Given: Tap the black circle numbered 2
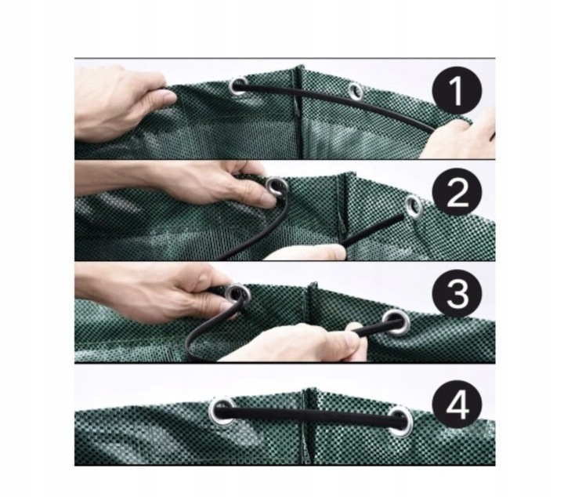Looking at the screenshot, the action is click(x=457, y=192).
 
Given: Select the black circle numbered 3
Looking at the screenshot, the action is click(x=457, y=295).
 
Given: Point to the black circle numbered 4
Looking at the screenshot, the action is click(x=457, y=404).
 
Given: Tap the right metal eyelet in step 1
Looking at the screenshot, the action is click(x=355, y=91).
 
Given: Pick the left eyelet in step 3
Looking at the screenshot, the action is click(x=237, y=296).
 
